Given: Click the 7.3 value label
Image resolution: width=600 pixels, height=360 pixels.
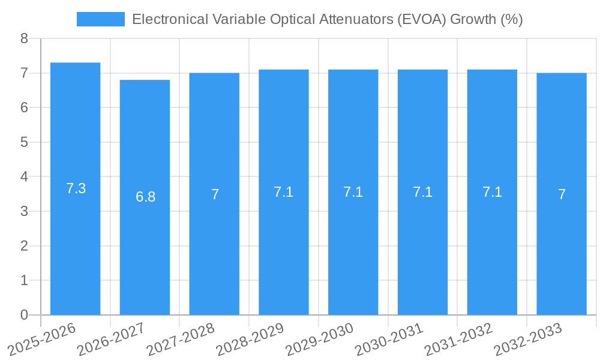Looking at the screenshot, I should [76, 188].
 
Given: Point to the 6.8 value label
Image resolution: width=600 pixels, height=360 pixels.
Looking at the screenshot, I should [145, 197].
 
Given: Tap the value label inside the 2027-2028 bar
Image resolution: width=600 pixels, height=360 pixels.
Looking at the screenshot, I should [215, 194].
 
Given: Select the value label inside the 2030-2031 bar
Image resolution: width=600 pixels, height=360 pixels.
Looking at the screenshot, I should [422, 192].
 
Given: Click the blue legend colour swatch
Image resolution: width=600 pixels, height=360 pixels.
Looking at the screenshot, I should [100, 19].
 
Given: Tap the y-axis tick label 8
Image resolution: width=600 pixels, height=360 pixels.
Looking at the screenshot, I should [24, 38].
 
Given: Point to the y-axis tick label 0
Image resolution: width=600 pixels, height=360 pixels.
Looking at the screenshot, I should [24, 315].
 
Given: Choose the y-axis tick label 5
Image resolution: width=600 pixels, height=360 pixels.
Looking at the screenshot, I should [24, 142].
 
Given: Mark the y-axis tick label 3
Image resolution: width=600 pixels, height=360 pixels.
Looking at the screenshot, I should [24, 211].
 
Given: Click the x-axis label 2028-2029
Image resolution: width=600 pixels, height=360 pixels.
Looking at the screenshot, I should [250, 339].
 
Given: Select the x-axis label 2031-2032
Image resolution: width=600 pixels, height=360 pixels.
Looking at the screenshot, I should [458, 339].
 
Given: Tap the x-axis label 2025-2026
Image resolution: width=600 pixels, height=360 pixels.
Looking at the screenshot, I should [41, 339].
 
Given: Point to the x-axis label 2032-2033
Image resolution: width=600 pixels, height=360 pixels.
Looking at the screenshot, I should [528, 339].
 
